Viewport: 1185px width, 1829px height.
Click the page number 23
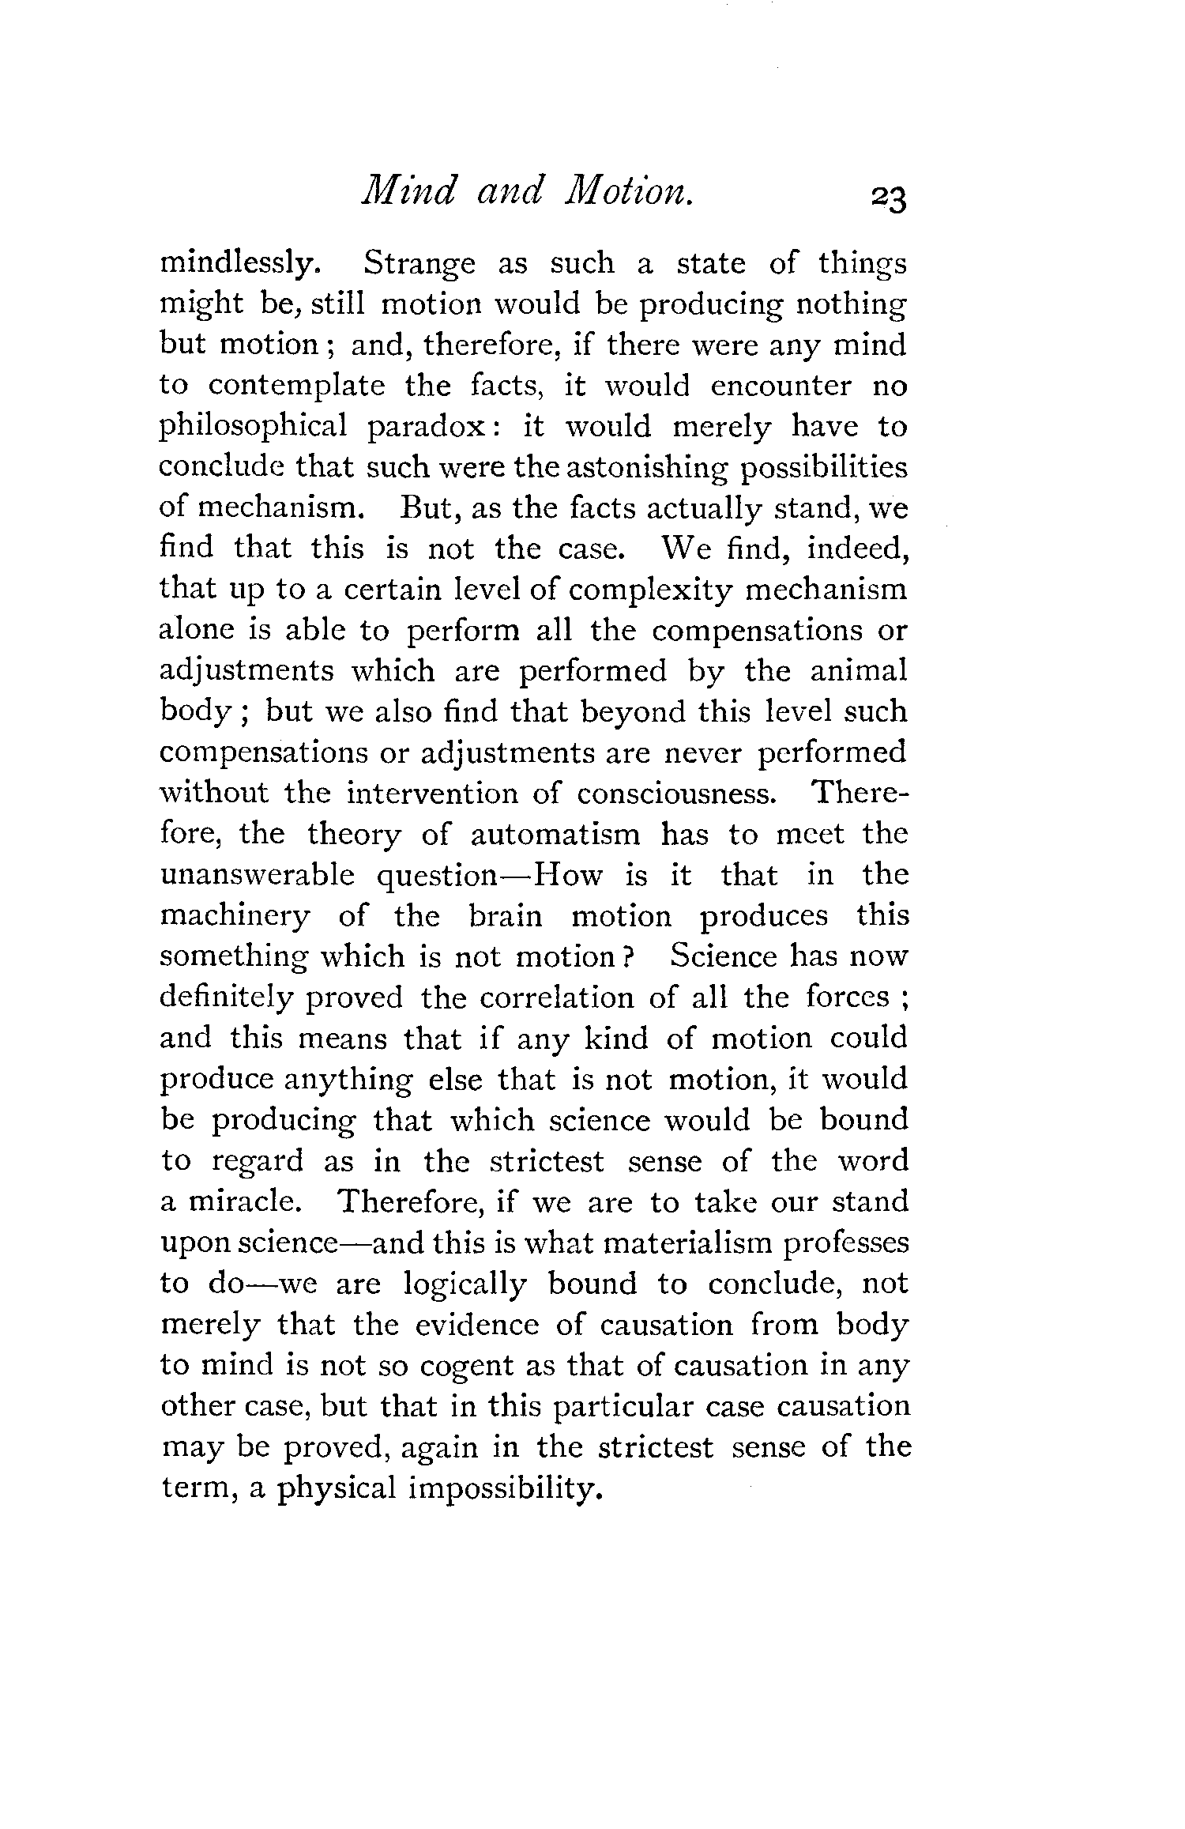click(888, 199)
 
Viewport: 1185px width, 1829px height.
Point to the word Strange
click(419, 264)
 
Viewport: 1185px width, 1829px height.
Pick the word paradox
click(433, 428)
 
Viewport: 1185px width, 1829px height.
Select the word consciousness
click(676, 794)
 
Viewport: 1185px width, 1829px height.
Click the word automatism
click(555, 835)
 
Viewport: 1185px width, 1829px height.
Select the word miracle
click(243, 1202)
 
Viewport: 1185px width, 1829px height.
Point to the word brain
click(506, 917)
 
